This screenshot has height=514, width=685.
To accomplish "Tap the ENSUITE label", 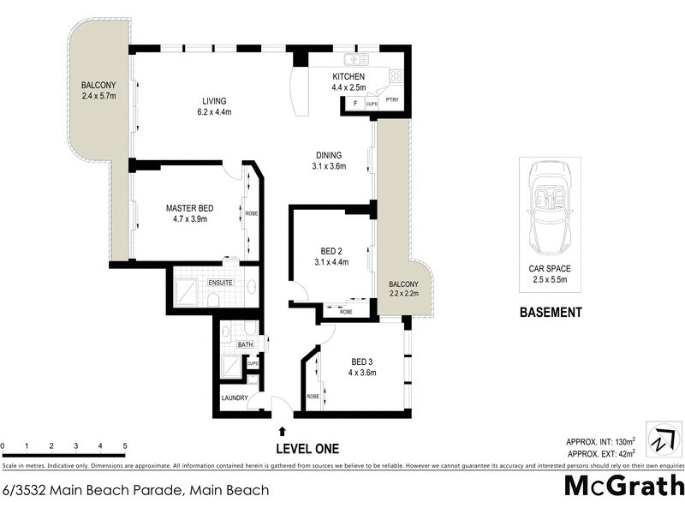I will pyautogui.click(x=220, y=282).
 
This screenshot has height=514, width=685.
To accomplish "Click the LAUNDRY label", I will pyautogui.click(x=235, y=398).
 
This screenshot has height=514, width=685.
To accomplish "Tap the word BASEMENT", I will pyautogui.click(x=551, y=313).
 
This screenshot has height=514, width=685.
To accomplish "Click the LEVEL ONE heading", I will pyautogui.click(x=307, y=448).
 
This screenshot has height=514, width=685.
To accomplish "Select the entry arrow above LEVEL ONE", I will pyautogui.click(x=283, y=431).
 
